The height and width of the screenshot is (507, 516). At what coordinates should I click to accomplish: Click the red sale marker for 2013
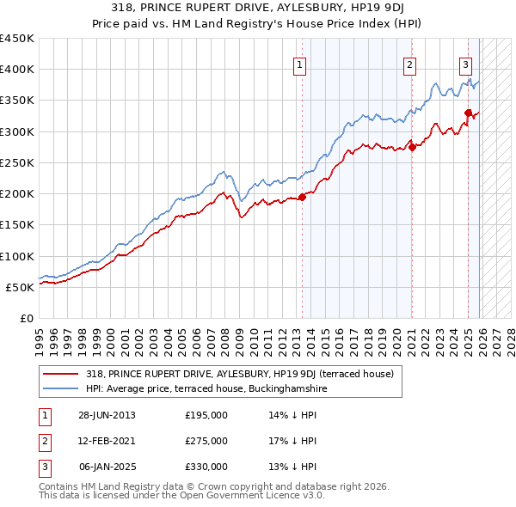point(303,198)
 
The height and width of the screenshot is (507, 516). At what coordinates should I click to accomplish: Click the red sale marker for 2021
point(412,147)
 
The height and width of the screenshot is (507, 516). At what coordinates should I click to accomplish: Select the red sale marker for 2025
point(468,113)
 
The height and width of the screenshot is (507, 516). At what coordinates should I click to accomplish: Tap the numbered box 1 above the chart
point(300,64)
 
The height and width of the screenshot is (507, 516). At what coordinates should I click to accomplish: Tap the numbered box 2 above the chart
point(409,64)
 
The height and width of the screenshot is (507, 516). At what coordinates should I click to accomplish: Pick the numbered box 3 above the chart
point(465,64)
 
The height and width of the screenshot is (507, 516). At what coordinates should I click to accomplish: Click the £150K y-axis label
point(17,225)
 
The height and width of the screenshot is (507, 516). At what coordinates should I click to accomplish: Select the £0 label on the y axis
point(26,318)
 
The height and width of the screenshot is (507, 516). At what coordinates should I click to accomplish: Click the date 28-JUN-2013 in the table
point(107,415)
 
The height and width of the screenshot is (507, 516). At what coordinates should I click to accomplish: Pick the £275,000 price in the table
point(206,441)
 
